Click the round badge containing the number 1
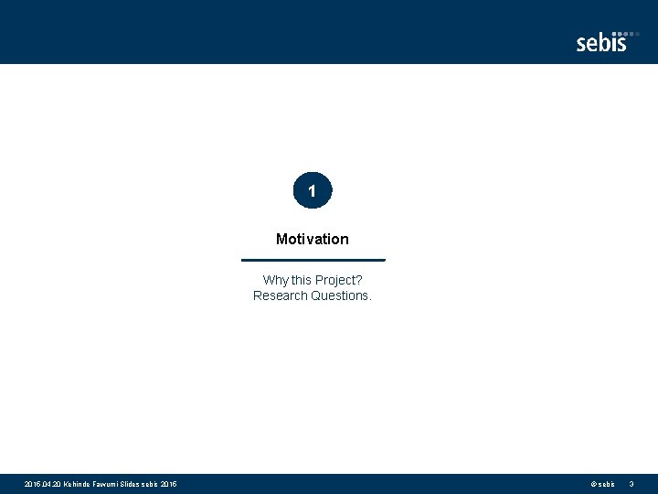(x=313, y=192)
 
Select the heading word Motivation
(x=313, y=239)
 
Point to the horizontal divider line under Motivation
(x=313, y=260)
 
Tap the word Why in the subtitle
(x=275, y=280)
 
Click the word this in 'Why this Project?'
(x=301, y=280)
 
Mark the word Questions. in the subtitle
(x=342, y=295)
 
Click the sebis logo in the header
(x=602, y=42)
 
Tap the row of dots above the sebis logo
(x=625, y=33)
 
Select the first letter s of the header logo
(x=581, y=44)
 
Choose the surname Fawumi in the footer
(x=111, y=484)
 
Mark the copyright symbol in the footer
(x=594, y=484)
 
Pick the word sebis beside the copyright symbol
(x=607, y=484)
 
